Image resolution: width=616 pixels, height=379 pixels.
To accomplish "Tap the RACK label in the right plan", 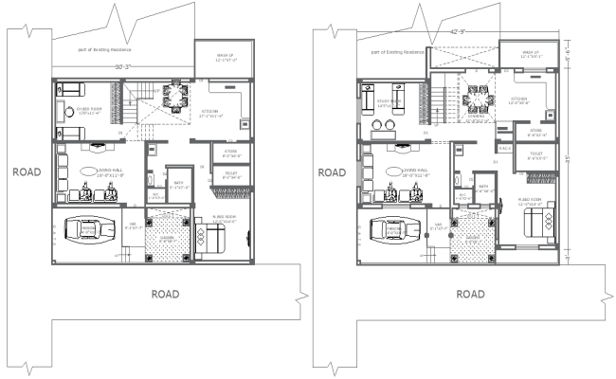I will pos(504,148).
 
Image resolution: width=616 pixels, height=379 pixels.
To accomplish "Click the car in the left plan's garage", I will pos(87,229).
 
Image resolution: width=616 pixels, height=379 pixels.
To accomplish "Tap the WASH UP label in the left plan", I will pos(224,57).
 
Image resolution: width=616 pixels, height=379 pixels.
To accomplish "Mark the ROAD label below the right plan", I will pos(470,294).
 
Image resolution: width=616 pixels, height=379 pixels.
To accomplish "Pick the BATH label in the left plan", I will pos(178,185).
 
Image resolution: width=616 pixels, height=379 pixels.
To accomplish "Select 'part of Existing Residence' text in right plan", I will pos(400,52).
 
